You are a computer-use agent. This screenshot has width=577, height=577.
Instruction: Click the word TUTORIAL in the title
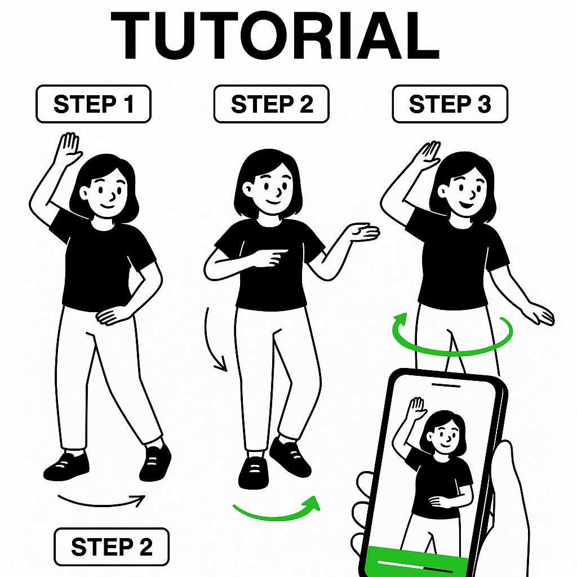pos(275,35)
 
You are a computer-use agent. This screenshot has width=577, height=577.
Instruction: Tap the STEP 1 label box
pos(94,104)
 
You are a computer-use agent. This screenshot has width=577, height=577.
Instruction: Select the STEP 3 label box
pos(450,104)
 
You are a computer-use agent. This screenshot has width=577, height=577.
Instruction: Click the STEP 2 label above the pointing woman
pos(272,104)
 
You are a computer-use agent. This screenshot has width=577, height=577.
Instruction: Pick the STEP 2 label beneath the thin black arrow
pos(112,547)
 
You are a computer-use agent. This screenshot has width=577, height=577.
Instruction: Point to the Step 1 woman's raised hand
pos(68,148)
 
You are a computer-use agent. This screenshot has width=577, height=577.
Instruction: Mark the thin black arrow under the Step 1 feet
pos(101,504)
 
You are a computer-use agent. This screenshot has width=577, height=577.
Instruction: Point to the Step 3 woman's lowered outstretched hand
pos(540,314)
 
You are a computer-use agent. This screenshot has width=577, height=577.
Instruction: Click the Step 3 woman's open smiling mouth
pos(466,203)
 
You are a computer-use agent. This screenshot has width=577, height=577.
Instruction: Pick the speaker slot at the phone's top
pos(446,385)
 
